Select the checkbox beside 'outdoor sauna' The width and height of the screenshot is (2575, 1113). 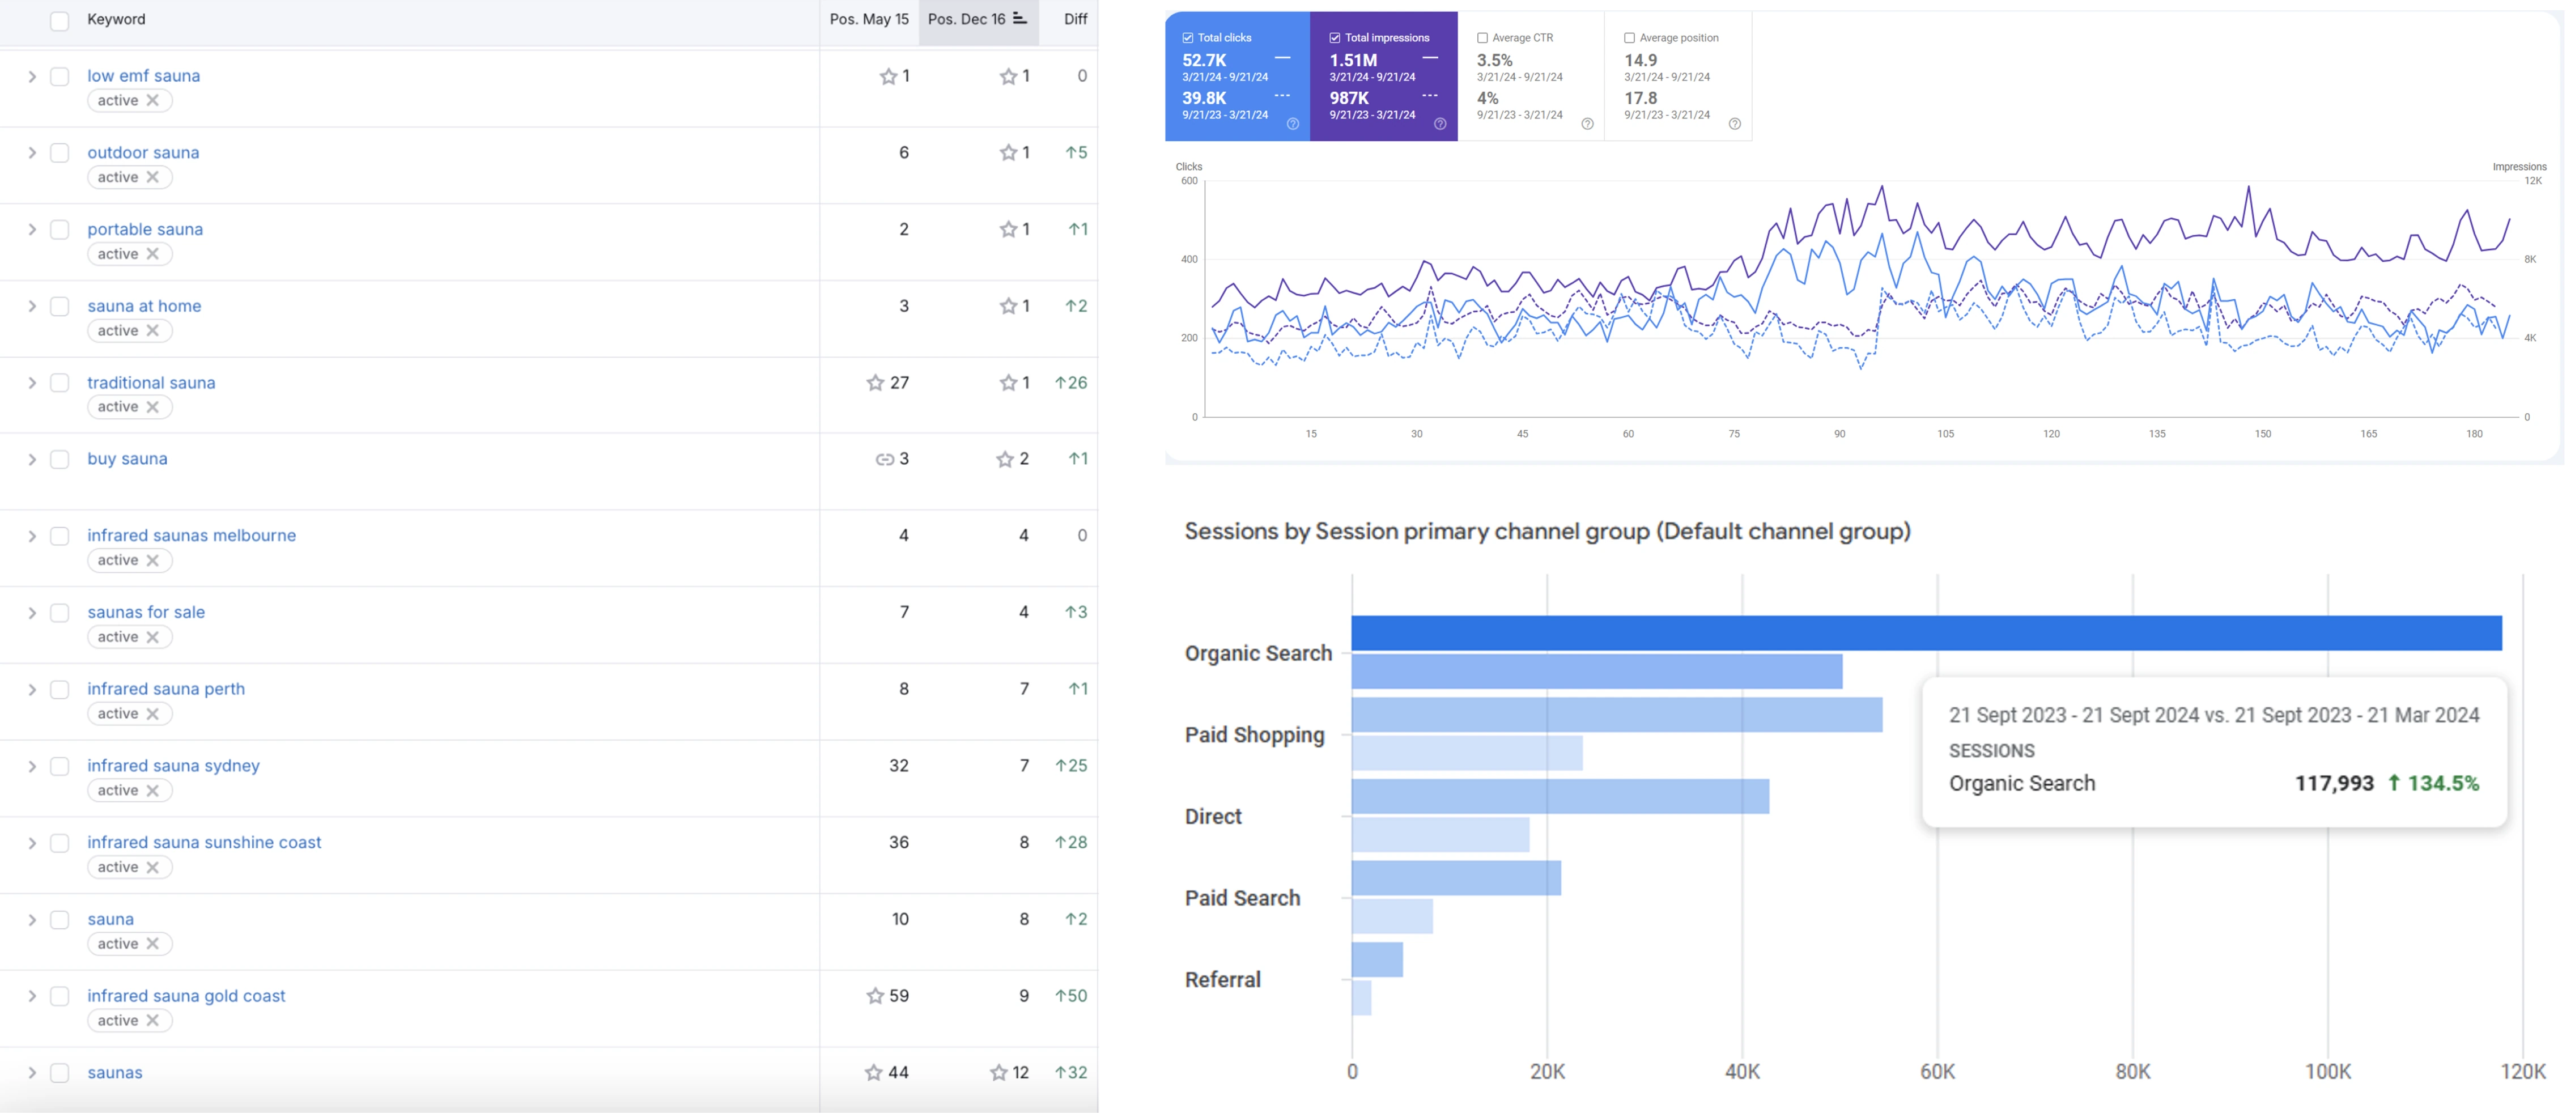tap(60, 153)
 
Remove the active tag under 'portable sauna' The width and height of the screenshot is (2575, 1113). tap(153, 254)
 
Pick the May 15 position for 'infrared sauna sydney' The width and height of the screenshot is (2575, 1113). tap(899, 766)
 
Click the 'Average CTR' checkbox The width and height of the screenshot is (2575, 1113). tap(1482, 38)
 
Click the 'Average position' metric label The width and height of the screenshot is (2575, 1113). tap(1679, 38)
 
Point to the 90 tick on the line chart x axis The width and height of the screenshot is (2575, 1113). tap(1839, 434)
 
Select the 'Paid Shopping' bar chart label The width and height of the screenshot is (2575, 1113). tap(1255, 735)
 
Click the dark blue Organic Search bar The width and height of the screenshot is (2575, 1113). tap(1926, 633)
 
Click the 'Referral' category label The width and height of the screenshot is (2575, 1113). tap(1222, 980)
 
